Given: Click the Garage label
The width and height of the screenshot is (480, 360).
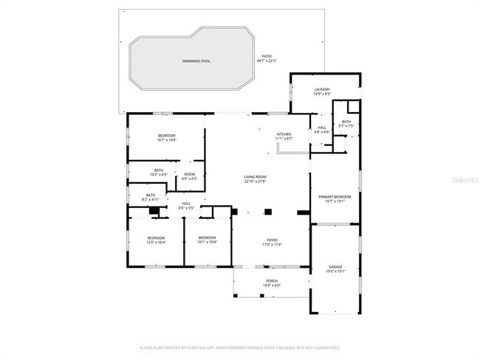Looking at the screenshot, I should coord(335,269).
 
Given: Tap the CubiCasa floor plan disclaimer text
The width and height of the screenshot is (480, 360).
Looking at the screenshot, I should coord(240,347).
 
